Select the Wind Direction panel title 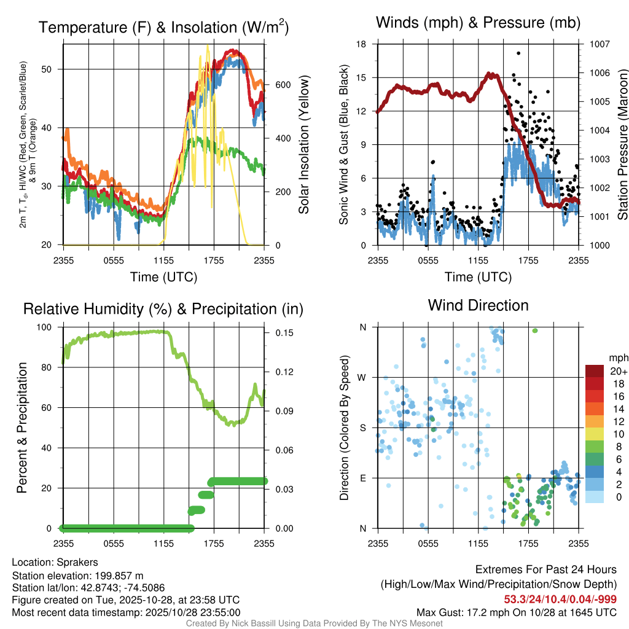click(x=478, y=305)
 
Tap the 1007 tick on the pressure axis click(x=598, y=44)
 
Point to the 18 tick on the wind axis click(x=361, y=44)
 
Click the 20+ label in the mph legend click(x=618, y=371)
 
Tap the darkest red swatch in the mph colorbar click(x=595, y=371)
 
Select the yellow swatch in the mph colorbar click(x=595, y=434)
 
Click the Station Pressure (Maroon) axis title click(x=622, y=144)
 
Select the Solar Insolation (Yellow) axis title click(x=303, y=144)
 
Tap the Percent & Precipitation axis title click(x=22, y=428)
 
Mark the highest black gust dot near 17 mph click(x=518, y=53)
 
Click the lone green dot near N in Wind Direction click(x=535, y=330)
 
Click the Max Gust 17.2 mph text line click(x=516, y=612)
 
